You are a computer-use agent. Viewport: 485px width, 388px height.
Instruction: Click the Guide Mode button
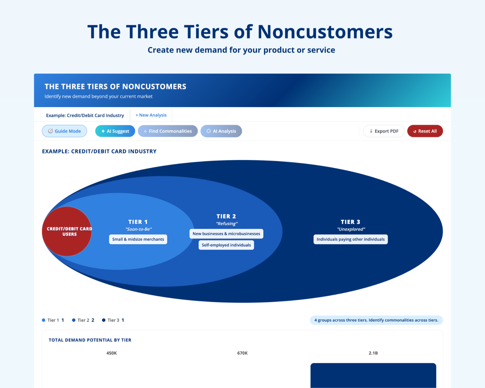(x=64, y=131)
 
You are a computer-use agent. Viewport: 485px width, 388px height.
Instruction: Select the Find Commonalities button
(x=168, y=131)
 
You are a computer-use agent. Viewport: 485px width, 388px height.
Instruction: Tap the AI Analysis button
(x=221, y=131)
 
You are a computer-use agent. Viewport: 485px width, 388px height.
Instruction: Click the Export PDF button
(x=384, y=131)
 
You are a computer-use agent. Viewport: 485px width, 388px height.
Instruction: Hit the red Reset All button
(x=425, y=131)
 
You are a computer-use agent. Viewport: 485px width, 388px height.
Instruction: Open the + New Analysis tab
(x=151, y=115)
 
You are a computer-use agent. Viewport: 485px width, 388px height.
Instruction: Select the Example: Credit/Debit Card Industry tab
(x=85, y=115)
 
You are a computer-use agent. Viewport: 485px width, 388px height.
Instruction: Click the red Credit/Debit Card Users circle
(x=67, y=231)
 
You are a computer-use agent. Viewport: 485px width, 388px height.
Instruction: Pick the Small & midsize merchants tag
(x=138, y=239)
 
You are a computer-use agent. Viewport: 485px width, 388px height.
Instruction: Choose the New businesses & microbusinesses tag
(x=226, y=234)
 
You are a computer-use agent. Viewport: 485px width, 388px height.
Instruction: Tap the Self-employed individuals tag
(x=226, y=245)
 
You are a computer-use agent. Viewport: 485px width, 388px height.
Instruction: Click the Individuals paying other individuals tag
(x=351, y=239)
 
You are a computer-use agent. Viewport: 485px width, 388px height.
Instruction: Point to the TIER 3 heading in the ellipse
(x=351, y=222)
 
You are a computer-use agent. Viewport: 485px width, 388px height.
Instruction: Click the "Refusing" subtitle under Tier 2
(x=227, y=224)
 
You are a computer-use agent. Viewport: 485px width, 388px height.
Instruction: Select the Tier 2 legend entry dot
(x=74, y=320)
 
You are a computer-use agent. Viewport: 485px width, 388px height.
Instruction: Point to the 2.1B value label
(x=373, y=353)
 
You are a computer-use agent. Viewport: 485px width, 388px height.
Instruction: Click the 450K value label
(x=112, y=353)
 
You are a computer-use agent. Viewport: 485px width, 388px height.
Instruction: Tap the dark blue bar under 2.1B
(x=373, y=376)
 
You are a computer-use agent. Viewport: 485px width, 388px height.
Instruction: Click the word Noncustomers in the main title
(x=325, y=32)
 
